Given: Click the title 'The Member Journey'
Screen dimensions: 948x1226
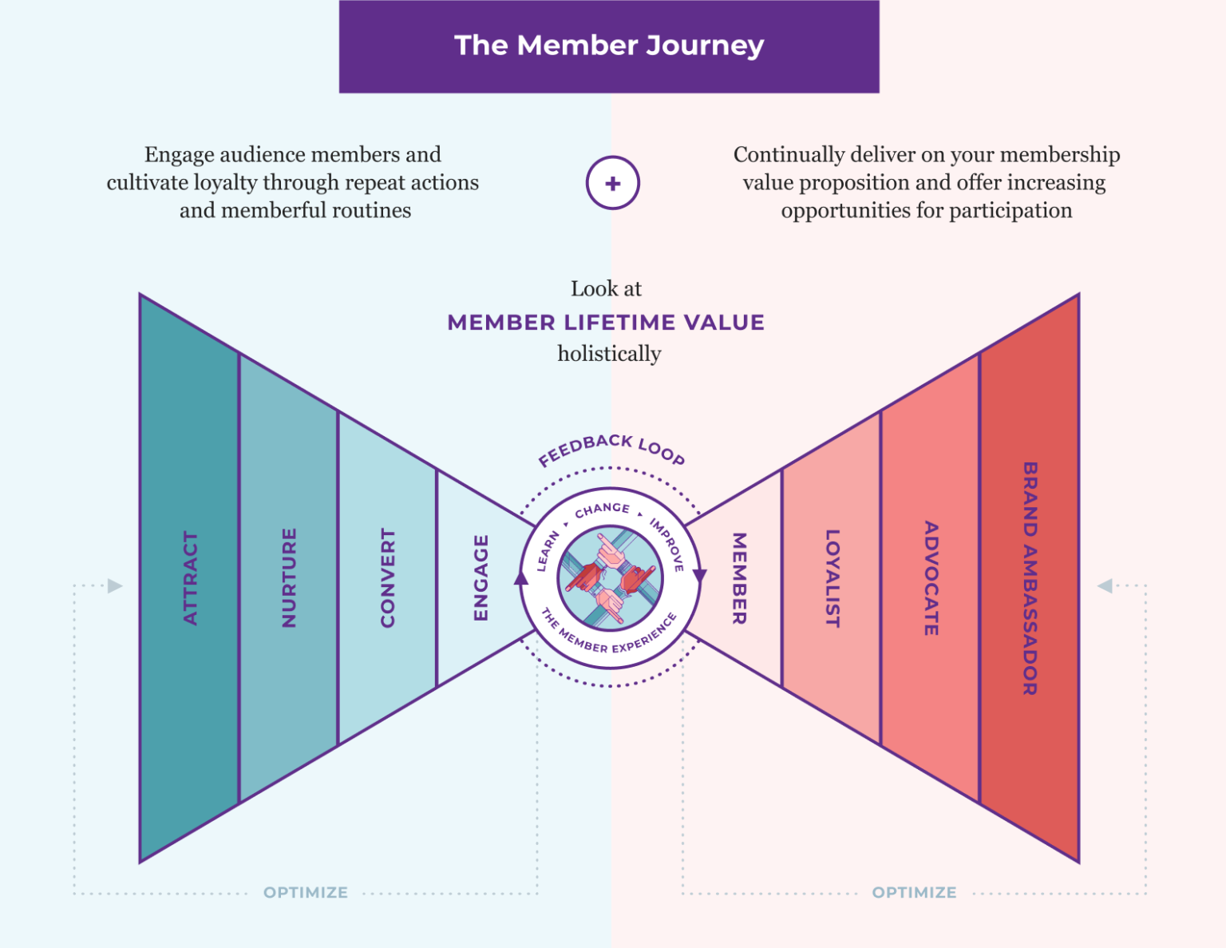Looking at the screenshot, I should pyautogui.click(x=609, y=46).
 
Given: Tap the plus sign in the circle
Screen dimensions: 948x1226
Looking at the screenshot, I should pyautogui.click(x=612, y=184).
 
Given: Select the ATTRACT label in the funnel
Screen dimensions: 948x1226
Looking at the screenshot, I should pyautogui.click(x=190, y=578).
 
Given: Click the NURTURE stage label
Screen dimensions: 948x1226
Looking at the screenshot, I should pyautogui.click(x=289, y=577).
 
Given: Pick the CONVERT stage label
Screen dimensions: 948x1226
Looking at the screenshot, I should pyautogui.click(x=388, y=577).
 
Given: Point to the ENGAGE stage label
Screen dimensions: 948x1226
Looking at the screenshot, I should pyautogui.click(x=481, y=577).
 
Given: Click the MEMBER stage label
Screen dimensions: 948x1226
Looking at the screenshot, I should pyautogui.click(x=739, y=578).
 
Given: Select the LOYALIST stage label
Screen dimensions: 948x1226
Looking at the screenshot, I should pyautogui.click(x=832, y=578).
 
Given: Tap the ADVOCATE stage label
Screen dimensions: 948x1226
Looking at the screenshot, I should pyautogui.click(x=931, y=578).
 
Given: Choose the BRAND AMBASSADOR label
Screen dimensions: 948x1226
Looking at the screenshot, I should pyautogui.click(x=1030, y=578).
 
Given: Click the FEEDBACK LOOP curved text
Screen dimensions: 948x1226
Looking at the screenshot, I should pyautogui.click(x=611, y=448).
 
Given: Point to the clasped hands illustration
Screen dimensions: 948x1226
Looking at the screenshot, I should pyautogui.click(x=610, y=578).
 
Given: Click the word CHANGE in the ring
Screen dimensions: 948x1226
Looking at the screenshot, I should pyautogui.click(x=603, y=510).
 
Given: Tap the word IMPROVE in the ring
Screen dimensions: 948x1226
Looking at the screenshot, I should pyautogui.click(x=667, y=545).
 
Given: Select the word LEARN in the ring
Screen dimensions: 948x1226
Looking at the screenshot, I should pyautogui.click(x=548, y=551).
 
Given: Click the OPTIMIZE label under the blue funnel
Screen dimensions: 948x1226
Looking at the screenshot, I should pyautogui.click(x=306, y=892).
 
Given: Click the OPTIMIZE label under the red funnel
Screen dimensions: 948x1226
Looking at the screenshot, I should pyautogui.click(x=914, y=892).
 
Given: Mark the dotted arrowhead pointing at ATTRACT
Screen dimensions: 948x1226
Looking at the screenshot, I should pyautogui.click(x=115, y=586).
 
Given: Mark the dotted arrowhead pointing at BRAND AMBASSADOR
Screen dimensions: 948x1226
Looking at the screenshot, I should pyautogui.click(x=1105, y=586).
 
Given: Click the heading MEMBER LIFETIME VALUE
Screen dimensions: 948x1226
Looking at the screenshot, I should pyautogui.click(x=606, y=323).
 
